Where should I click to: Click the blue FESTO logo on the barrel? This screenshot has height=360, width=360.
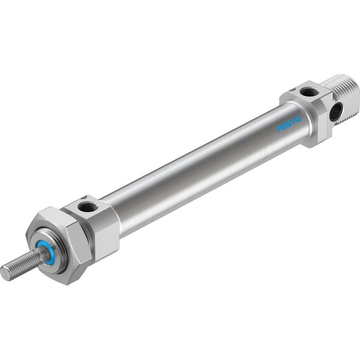pos(289,124)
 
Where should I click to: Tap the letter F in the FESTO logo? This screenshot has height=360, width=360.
pos(279,128)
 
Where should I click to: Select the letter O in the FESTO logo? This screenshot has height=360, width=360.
pos(298,119)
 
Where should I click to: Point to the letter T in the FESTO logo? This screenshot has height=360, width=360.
pos(293,122)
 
